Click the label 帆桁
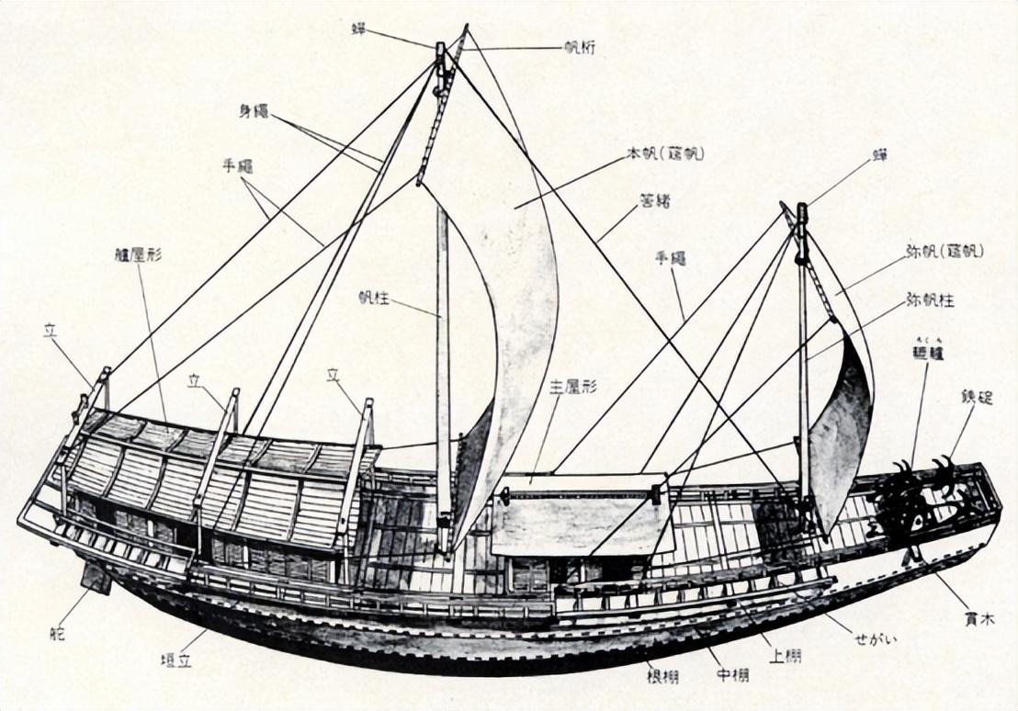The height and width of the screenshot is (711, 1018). click(x=581, y=48)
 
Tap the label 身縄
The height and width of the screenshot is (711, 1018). click(x=253, y=110)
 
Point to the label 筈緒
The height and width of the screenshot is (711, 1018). click(x=654, y=199)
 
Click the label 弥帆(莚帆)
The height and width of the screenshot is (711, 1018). click(x=944, y=251)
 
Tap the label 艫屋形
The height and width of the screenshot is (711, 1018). click(x=139, y=254)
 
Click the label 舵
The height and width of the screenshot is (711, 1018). click(x=58, y=632)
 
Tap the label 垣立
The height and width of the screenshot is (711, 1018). click(x=175, y=660)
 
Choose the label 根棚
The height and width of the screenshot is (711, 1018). click(x=662, y=677)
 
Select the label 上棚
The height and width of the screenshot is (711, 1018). click(x=786, y=656)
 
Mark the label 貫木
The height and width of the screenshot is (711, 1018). click(x=979, y=620)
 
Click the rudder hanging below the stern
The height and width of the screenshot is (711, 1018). click(x=95, y=577)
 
